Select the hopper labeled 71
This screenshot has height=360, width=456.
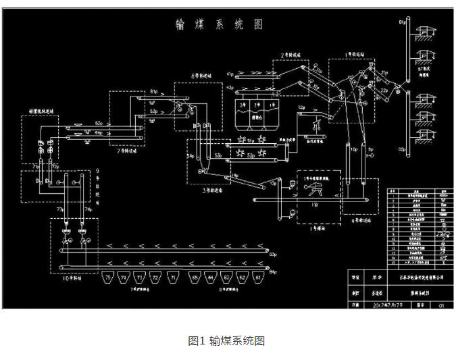coord(172,278)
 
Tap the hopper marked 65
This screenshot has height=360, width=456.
coord(195,278)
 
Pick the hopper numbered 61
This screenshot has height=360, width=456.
coord(259,278)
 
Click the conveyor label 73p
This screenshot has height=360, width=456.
coord(60,210)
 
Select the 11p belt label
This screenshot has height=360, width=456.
coord(314,203)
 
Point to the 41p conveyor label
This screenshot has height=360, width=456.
coord(230,73)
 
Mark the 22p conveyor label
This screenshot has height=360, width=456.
coord(384,88)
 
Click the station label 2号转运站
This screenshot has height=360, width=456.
coord(294,54)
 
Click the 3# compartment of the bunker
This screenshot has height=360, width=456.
coord(243,105)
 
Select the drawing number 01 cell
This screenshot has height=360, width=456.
coord(442,305)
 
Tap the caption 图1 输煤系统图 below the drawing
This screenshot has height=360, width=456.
coord(226,340)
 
